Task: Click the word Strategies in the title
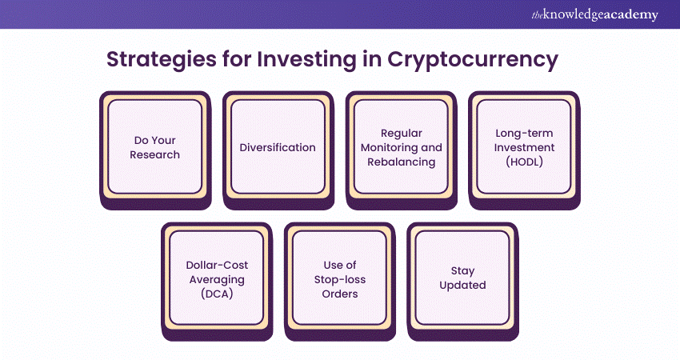click(x=162, y=59)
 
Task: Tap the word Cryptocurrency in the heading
click(x=473, y=59)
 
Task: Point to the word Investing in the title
click(x=306, y=59)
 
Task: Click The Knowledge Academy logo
click(x=594, y=14)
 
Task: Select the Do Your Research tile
click(x=155, y=150)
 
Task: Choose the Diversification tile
click(x=278, y=150)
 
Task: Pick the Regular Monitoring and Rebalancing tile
click(x=401, y=150)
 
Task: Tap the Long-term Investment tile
click(x=524, y=150)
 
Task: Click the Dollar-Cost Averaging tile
click(x=217, y=282)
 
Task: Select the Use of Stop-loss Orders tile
click(x=339, y=282)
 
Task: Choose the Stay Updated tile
click(x=462, y=282)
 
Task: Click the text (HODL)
click(x=524, y=162)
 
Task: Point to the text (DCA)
click(x=217, y=294)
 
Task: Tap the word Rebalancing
click(x=401, y=162)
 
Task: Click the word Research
click(x=155, y=155)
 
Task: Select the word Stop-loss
click(x=340, y=280)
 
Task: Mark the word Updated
click(x=462, y=286)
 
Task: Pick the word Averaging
click(x=217, y=280)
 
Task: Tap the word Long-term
click(x=524, y=133)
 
